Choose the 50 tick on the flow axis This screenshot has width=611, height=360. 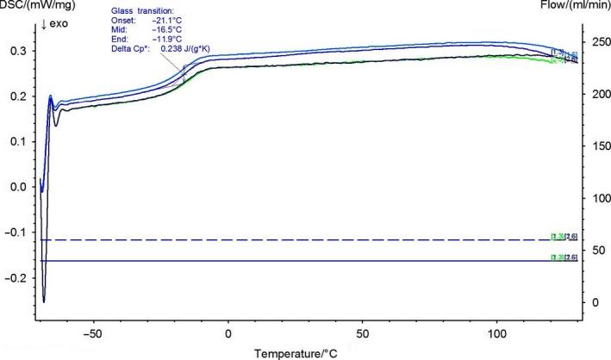click(x=591, y=250)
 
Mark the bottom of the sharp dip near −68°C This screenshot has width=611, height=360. click(x=44, y=301)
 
